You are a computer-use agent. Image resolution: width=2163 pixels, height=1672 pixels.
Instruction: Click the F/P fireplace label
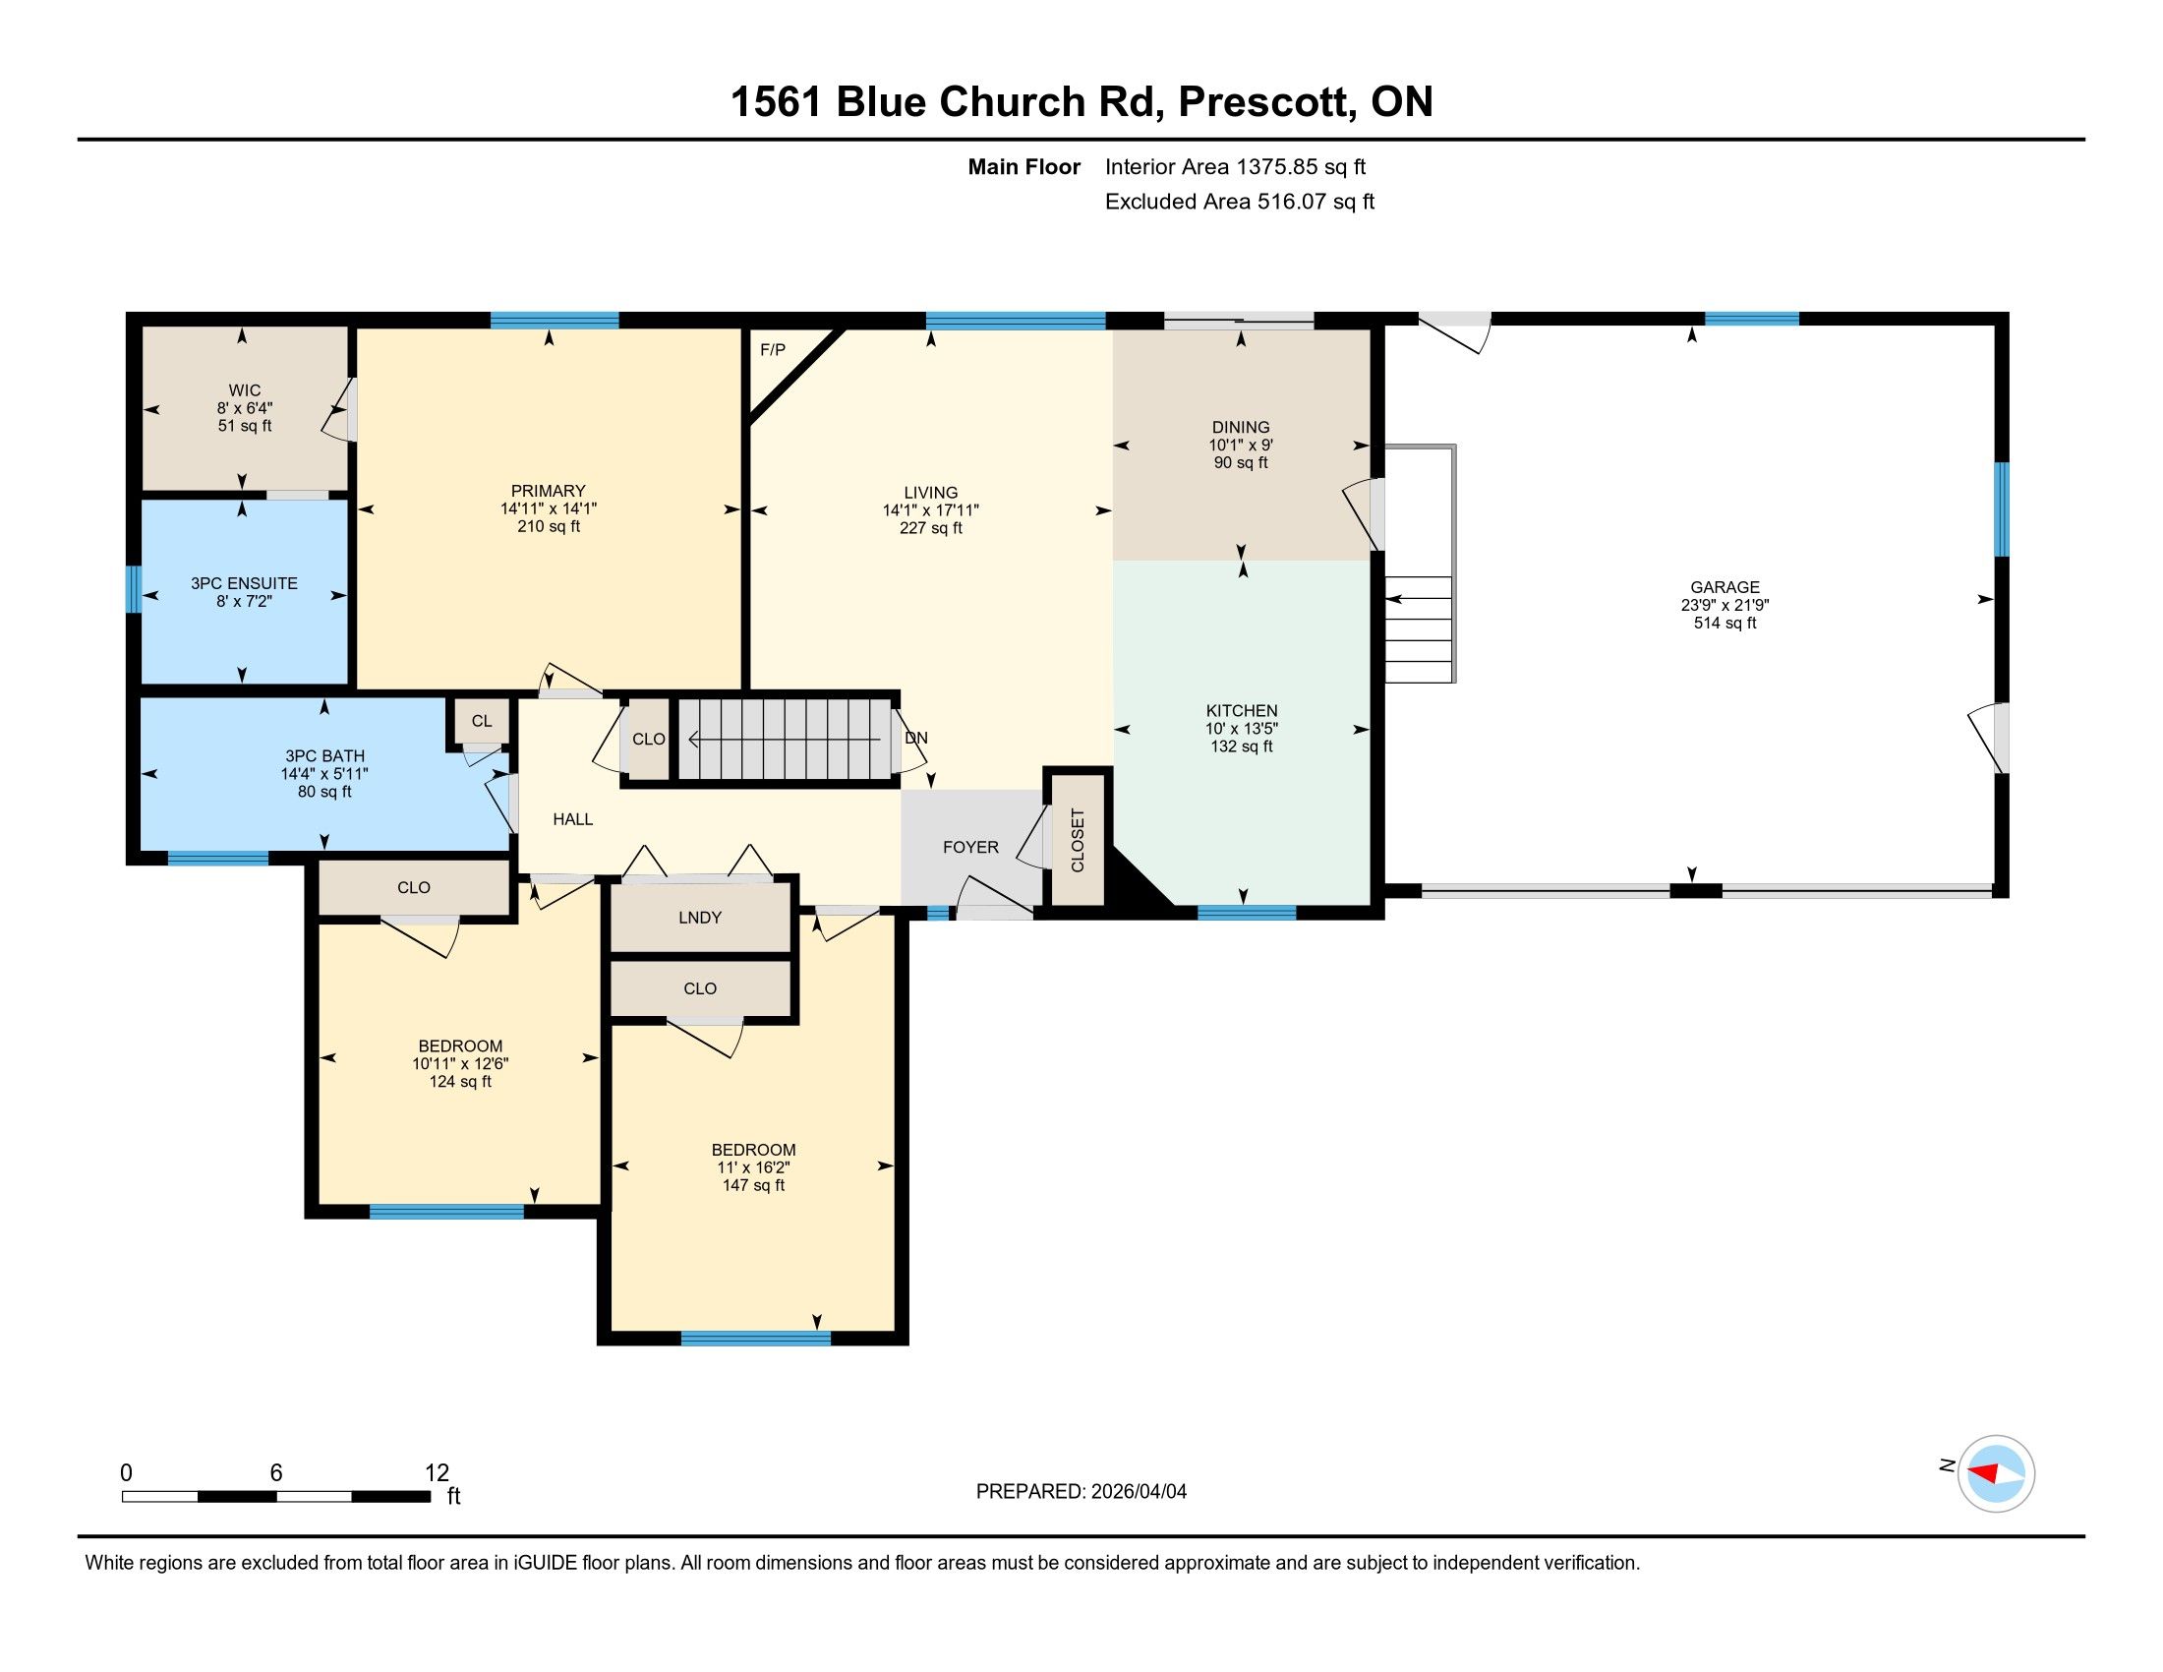pyautogui.click(x=773, y=350)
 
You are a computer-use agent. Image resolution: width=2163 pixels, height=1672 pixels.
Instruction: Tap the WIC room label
pyautogui.click(x=245, y=390)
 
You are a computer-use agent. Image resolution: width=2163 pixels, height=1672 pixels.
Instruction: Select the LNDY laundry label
pyautogui.click(x=700, y=918)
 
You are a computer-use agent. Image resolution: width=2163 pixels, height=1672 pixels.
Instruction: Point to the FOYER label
pyautogui.click(x=970, y=847)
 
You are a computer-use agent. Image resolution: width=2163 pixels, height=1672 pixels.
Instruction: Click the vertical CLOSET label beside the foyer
pyautogui.click(x=1078, y=841)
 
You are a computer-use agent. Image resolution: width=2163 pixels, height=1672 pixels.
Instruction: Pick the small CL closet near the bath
pyautogui.click(x=482, y=721)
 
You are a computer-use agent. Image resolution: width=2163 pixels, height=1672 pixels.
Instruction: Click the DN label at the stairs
pyautogui.click(x=916, y=738)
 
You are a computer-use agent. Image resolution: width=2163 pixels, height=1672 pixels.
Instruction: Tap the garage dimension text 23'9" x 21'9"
pyautogui.click(x=1725, y=605)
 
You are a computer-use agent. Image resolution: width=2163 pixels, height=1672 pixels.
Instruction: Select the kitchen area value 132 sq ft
pyautogui.click(x=1241, y=746)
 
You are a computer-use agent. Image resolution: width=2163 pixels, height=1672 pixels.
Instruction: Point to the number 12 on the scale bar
pyautogui.click(x=437, y=1473)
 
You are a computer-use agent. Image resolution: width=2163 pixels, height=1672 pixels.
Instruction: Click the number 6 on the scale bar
pyautogui.click(x=276, y=1473)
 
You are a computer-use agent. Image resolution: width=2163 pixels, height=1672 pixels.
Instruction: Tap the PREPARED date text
pyautogui.click(x=1081, y=1492)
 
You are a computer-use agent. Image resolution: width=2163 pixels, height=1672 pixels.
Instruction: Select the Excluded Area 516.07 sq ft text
pyautogui.click(x=1239, y=202)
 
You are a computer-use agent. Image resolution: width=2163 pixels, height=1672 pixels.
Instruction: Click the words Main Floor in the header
pyautogui.click(x=1023, y=167)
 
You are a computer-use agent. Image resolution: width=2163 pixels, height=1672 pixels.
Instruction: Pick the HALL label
pyautogui.click(x=572, y=819)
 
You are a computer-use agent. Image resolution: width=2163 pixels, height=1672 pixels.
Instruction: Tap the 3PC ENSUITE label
pyautogui.click(x=244, y=583)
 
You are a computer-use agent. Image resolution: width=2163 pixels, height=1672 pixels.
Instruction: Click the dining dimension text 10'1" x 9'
pyautogui.click(x=1240, y=446)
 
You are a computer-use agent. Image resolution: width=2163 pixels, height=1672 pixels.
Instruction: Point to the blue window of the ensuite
pyautogui.click(x=134, y=588)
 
